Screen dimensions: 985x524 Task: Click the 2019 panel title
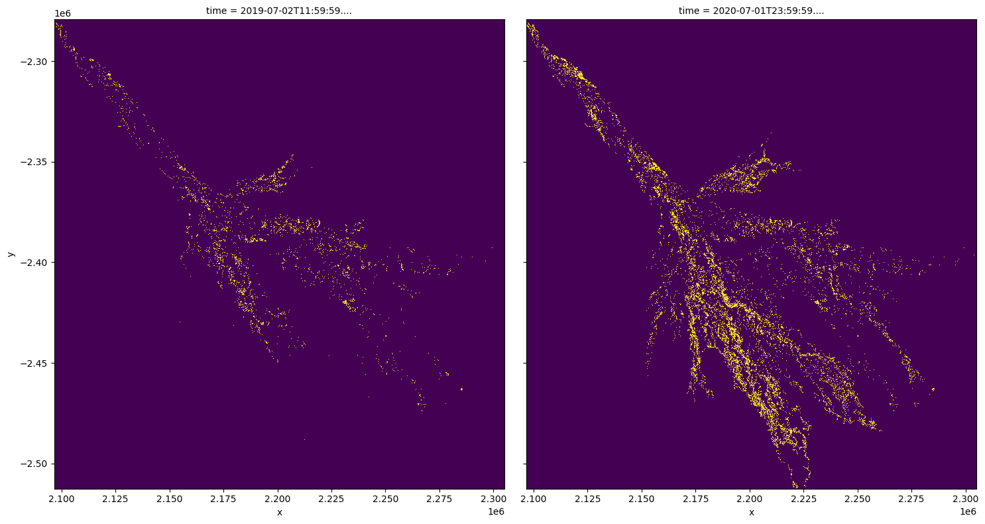(278, 11)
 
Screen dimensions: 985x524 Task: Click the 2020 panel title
(751, 11)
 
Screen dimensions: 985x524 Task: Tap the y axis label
(10, 254)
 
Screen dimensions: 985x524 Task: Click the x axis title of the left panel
(279, 511)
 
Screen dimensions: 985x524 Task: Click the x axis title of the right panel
(751, 511)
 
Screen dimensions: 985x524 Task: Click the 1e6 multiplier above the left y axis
(63, 14)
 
